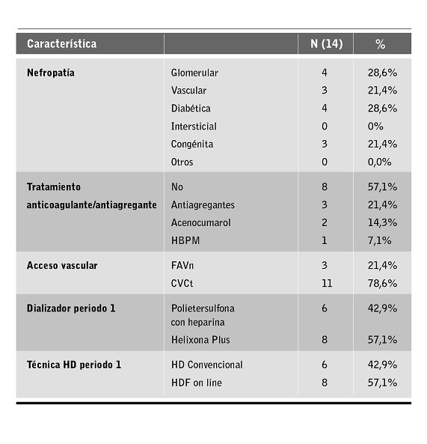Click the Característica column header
[61, 43]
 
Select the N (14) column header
[326, 43]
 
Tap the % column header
[381, 43]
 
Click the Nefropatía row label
[51, 73]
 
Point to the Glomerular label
[194, 73]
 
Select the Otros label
[182, 162]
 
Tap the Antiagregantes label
[203, 204]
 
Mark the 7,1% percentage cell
[378, 240]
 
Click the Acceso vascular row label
[62, 266]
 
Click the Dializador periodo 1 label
[71, 308]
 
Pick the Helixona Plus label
[200, 340]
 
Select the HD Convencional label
[207, 365]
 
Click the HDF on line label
[197, 383]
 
